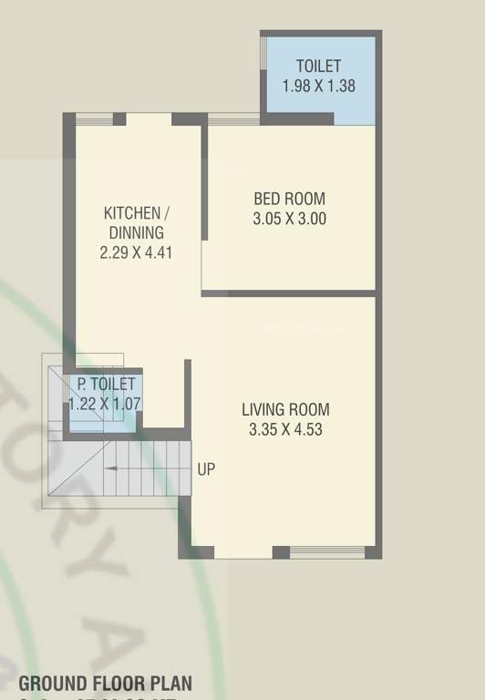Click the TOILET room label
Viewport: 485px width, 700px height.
click(x=318, y=67)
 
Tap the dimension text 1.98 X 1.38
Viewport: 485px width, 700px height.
click(x=318, y=87)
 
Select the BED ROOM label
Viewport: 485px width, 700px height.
click(x=288, y=199)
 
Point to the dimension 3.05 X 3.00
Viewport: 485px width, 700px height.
click(x=288, y=219)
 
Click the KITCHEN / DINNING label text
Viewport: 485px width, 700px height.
click(x=136, y=222)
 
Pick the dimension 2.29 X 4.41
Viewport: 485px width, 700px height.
click(x=136, y=252)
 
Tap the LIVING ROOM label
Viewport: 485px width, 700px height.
click(x=285, y=409)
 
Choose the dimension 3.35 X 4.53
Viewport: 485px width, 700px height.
click(x=285, y=429)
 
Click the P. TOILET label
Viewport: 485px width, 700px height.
click(x=106, y=385)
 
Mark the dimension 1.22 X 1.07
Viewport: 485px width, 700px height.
click(x=106, y=403)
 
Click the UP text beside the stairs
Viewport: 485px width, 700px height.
click(x=206, y=469)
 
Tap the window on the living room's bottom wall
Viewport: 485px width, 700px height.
click(x=327, y=551)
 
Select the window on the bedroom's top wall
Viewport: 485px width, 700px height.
click(x=233, y=118)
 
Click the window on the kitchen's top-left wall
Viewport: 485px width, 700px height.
click(x=94, y=118)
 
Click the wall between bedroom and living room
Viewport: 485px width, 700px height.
click(x=288, y=293)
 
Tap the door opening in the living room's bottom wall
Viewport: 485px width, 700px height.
click(x=243, y=552)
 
